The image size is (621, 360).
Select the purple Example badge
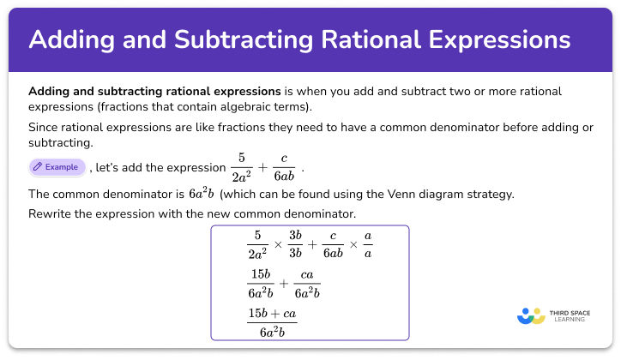[x=57, y=167]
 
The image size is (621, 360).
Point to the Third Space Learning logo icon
[x=532, y=315]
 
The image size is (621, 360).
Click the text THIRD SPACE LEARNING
[x=570, y=316]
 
